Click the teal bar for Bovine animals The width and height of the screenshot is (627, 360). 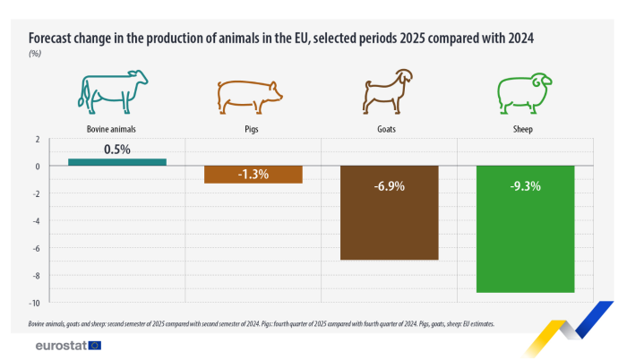pyautogui.click(x=116, y=162)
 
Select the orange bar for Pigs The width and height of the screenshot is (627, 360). pyautogui.click(x=253, y=175)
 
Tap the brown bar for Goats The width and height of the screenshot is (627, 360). pyautogui.click(x=389, y=213)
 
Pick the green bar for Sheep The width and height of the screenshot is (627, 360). pyautogui.click(x=525, y=229)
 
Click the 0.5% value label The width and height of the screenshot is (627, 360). pyautogui.click(x=116, y=150)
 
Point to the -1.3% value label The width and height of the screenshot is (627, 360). pyautogui.click(x=253, y=174)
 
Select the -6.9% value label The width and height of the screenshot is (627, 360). pyautogui.click(x=389, y=187)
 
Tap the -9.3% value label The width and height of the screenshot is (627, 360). pyautogui.click(x=525, y=187)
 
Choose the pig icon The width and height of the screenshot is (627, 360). pyautogui.click(x=250, y=93)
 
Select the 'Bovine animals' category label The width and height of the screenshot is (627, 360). pyautogui.click(x=112, y=129)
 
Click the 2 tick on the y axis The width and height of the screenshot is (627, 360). pyautogui.click(x=37, y=140)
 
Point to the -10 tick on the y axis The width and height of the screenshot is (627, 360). pyautogui.click(x=34, y=303)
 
